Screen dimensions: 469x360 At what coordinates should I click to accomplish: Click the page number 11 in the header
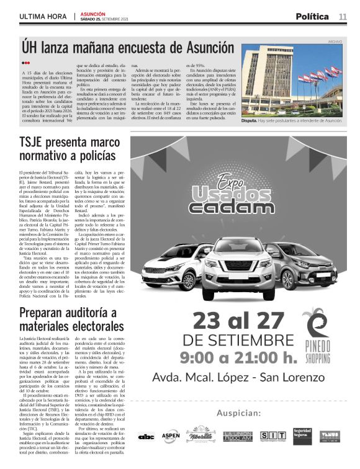[343, 16]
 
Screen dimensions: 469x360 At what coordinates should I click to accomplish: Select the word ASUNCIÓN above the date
[93, 13]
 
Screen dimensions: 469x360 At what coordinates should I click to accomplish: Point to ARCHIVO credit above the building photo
[335, 42]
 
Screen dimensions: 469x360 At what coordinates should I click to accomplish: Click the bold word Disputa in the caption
[252, 122]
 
